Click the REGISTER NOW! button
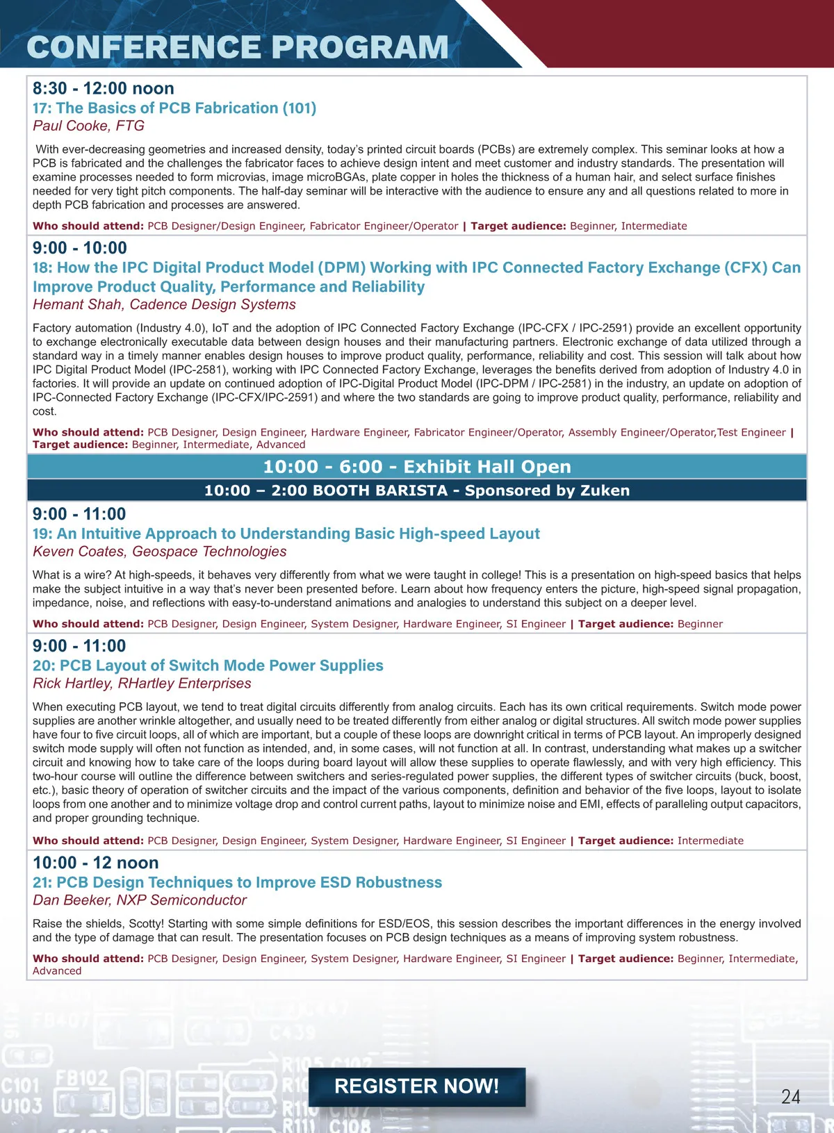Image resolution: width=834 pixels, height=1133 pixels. point(416,1086)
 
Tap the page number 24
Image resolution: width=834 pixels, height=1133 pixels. point(790,1096)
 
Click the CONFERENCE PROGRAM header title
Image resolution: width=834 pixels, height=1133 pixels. point(238,47)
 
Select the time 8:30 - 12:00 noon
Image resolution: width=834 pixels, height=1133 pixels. point(104,89)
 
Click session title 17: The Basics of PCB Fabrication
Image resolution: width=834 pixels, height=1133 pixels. point(174,108)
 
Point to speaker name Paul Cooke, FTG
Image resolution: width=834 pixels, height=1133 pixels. point(88,126)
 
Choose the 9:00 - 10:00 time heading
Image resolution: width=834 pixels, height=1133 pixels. point(80,248)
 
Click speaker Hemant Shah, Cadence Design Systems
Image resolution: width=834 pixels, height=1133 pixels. point(164,304)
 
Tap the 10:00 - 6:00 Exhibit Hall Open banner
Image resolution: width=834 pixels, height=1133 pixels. point(417,467)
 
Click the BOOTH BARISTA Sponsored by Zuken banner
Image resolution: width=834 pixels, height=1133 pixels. point(417,490)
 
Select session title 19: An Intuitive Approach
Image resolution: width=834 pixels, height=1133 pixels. point(286,534)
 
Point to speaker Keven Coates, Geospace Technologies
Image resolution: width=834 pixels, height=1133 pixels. point(159,552)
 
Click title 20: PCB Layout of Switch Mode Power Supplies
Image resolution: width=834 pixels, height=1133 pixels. point(208,665)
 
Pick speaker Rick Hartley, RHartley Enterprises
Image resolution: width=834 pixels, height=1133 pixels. point(142,684)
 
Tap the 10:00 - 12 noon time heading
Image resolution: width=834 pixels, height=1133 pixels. point(96,863)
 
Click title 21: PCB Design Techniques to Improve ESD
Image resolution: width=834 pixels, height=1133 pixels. point(237,882)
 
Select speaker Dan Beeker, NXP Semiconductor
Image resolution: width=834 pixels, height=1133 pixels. point(140,900)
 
